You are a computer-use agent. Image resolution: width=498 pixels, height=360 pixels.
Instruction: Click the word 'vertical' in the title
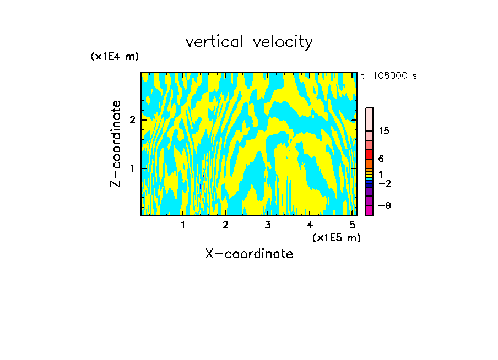(212, 42)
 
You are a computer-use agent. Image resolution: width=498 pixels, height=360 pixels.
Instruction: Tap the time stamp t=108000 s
(389, 76)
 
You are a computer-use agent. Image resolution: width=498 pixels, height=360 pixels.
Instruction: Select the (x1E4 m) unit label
(115, 56)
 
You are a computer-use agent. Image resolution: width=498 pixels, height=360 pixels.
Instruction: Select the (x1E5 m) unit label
(336, 237)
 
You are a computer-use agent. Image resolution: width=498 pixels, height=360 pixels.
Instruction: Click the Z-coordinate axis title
(116, 144)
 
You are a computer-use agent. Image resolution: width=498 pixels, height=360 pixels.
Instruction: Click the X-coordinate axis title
(249, 254)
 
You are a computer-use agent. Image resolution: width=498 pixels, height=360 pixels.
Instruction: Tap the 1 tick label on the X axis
(183, 225)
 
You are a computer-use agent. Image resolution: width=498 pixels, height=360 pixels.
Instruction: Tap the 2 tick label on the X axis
(225, 225)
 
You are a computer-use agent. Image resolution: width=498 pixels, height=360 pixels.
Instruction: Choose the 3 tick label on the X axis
(267, 225)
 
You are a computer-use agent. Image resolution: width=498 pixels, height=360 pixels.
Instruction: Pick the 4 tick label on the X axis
(310, 225)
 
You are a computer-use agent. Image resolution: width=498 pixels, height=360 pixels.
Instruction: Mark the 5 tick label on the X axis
(351, 225)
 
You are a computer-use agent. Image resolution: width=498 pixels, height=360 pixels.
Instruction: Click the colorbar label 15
(384, 131)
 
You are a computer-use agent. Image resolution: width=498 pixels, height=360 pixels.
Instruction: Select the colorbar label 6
(381, 159)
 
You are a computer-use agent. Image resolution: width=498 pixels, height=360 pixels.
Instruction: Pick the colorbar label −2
(384, 183)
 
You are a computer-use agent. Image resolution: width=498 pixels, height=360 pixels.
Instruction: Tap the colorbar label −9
(384, 205)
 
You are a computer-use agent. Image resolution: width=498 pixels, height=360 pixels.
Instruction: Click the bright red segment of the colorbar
(369, 154)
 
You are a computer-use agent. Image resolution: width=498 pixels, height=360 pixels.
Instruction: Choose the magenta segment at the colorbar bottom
(369, 210)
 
